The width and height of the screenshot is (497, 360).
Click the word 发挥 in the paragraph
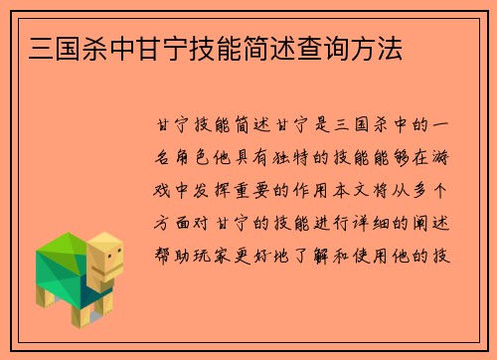point(223,190)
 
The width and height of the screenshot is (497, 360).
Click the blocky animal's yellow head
point(105,261)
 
